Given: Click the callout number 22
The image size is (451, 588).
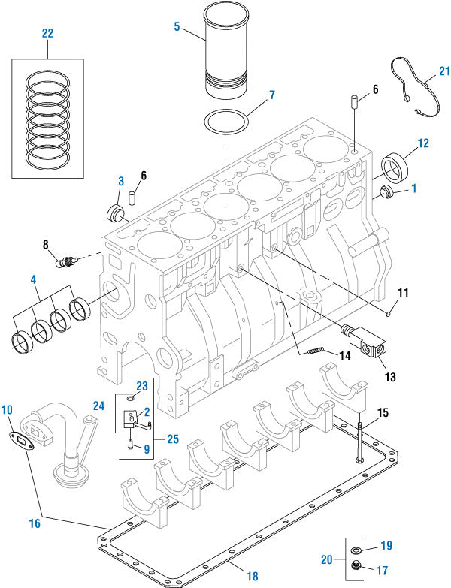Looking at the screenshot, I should [47, 34].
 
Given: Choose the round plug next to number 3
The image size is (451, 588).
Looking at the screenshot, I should [117, 212].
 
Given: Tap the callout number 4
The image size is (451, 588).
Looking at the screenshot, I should [33, 281].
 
